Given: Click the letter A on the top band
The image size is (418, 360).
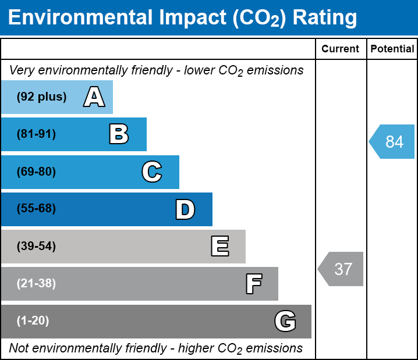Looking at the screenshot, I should pyautogui.click(x=94, y=97).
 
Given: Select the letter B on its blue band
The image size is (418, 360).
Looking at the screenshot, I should pyautogui.click(x=119, y=134).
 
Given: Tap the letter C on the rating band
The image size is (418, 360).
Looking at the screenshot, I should pyautogui.click(x=151, y=172).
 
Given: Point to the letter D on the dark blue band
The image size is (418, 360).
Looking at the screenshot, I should pyautogui.click(x=185, y=209).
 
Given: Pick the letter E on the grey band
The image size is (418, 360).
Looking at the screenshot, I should pyautogui.click(x=219, y=247).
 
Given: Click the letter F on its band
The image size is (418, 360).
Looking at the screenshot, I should pyautogui.click(x=253, y=284).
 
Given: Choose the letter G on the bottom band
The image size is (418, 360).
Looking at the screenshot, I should pyautogui.click(x=285, y=321).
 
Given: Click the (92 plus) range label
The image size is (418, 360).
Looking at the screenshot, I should pyautogui.click(x=41, y=97).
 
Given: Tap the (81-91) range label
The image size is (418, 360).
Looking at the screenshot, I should pyautogui.click(x=36, y=134).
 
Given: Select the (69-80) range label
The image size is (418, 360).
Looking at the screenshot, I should pyautogui.click(x=36, y=172).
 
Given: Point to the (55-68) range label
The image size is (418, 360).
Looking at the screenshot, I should pyautogui.click(x=36, y=209).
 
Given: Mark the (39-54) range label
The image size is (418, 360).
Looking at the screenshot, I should pyautogui.click(x=36, y=247).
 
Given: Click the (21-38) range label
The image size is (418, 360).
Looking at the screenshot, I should pyautogui.click(x=36, y=284).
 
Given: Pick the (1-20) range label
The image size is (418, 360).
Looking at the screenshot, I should pyautogui.click(x=33, y=321).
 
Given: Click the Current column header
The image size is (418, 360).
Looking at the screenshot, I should pyautogui.click(x=341, y=49).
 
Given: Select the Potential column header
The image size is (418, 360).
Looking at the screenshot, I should pyautogui.click(x=392, y=49).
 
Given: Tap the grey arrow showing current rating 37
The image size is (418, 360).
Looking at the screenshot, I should pyautogui.click(x=341, y=269).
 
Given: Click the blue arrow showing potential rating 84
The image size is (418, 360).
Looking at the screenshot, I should pyautogui.click(x=392, y=141).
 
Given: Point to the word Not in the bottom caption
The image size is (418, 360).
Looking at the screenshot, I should pyautogui.click(x=19, y=348).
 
